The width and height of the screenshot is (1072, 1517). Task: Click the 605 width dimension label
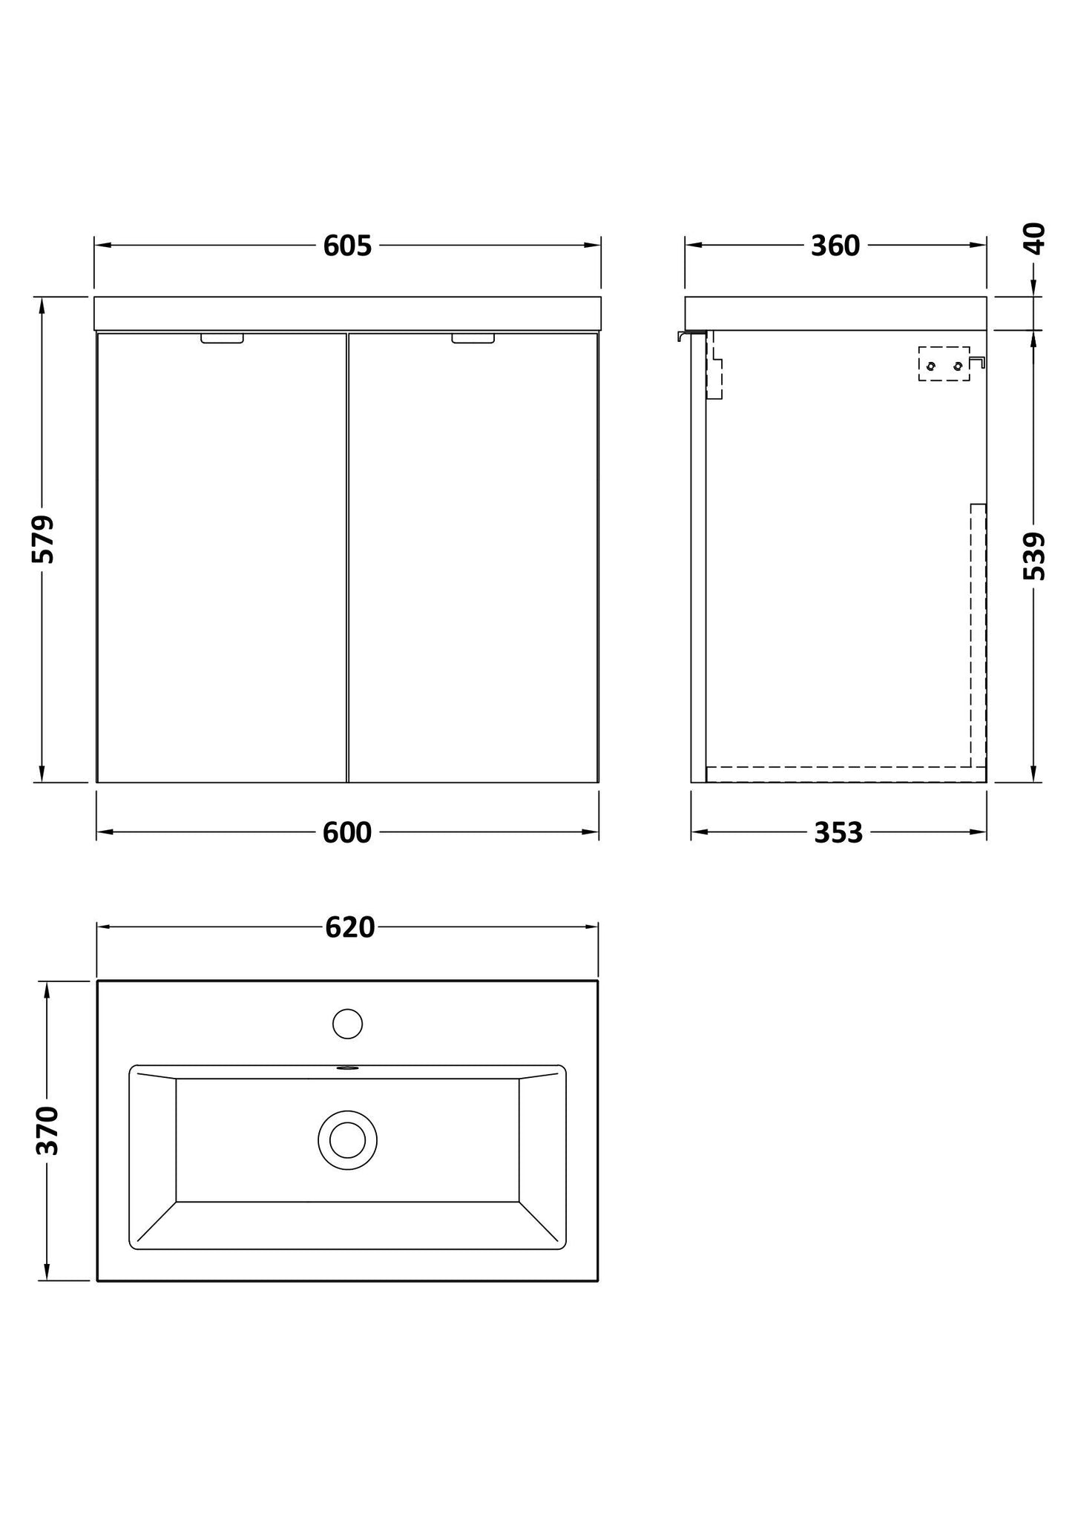[x=347, y=246]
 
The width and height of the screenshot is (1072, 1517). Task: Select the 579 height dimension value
[x=43, y=539]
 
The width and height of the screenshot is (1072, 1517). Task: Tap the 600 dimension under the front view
[x=347, y=833]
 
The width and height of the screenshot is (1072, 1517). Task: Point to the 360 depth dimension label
[x=835, y=246]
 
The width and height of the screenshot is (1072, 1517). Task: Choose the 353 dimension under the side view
[x=838, y=833]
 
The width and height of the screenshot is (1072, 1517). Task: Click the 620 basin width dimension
[x=349, y=927]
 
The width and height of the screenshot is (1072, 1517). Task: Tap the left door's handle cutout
[x=222, y=338]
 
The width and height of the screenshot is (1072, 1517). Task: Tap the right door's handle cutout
[x=473, y=338]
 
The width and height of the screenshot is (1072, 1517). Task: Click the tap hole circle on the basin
[x=347, y=1024]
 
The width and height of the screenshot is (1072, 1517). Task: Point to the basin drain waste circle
[x=347, y=1140]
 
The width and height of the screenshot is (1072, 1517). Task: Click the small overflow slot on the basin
[x=347, y=1069]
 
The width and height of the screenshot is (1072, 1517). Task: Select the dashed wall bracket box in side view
[x=944, y=363]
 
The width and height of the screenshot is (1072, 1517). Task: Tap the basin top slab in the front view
[x=347, y=313]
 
